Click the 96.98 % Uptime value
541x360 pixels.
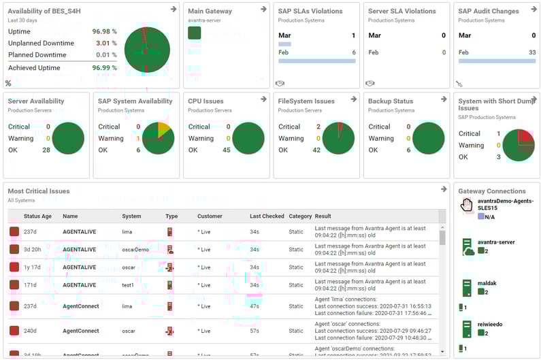(104, 32)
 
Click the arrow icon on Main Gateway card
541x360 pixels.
(263, 10)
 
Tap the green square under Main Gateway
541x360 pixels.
(194, 33)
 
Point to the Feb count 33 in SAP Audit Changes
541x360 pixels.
(531, 52)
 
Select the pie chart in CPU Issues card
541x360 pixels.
(248, 138)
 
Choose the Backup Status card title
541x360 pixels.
(391, 101)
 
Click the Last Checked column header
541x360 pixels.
(267, 216)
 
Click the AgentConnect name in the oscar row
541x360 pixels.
(80, 331)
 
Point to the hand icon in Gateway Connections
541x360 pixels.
(466, 204)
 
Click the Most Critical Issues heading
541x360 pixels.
(39, 191)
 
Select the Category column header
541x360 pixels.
(300, 216)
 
